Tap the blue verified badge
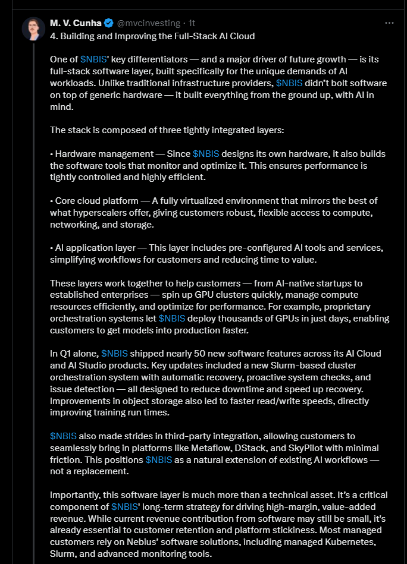109,23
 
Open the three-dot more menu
389,23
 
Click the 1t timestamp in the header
192,23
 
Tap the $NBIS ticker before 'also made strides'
63,436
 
